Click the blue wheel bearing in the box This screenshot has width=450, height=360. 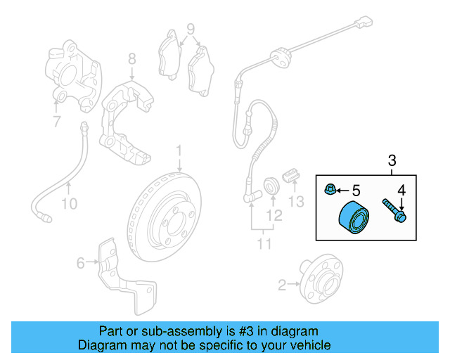coord(354,217)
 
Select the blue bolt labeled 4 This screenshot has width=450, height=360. coord(394,211)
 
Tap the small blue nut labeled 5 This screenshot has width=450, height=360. coord(330,189)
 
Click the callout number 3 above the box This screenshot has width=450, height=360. coord(392,160)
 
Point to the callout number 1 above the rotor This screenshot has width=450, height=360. coord(179,150)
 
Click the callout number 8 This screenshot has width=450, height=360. coord(131,59)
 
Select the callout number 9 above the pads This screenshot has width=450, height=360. coord(191,29)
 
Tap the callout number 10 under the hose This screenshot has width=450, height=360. coord(70,204)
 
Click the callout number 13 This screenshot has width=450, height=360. coord(296,202)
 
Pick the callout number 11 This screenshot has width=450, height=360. coord(264,244)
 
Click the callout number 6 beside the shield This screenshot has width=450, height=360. coord(81,263)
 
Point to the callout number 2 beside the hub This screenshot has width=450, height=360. coord(282,285)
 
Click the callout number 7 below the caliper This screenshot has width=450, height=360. coord(57,121)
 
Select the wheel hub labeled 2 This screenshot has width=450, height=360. coord(321,278)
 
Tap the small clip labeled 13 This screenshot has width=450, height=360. coord(291,175)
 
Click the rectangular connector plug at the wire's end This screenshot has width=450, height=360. coord(364,22)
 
